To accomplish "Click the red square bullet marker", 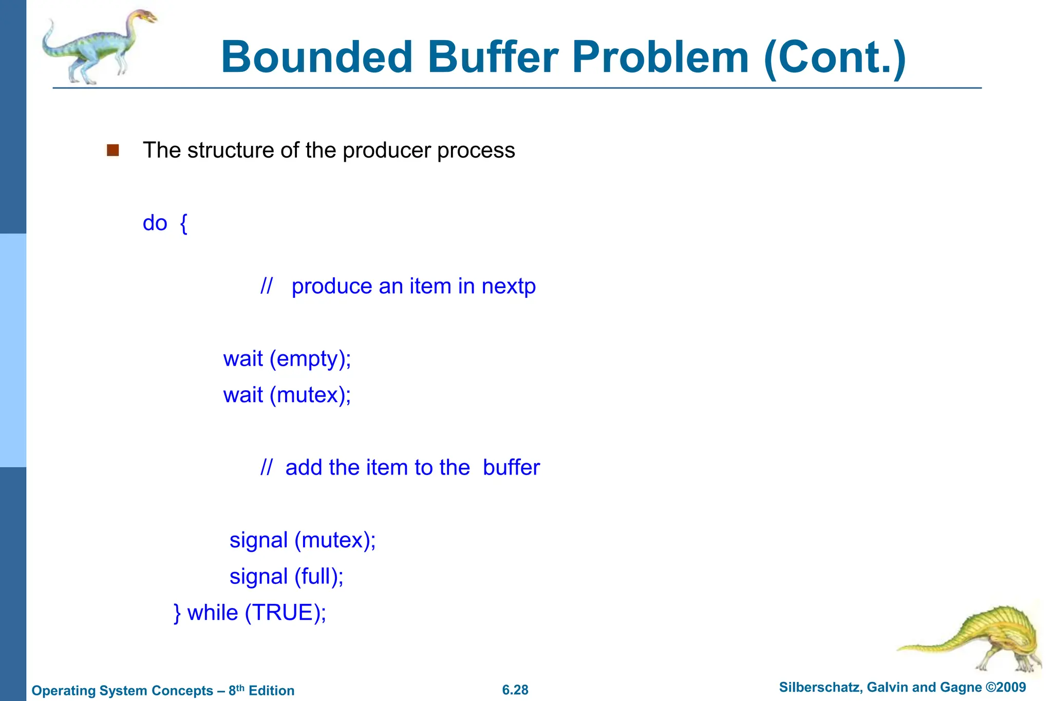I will [x=113, y=150].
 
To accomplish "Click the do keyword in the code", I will [x=155, y=223].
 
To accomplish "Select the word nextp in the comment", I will [x=509, y=286].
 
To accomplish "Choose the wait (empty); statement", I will [x=287, y=358].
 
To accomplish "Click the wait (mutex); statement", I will [x=287, y=395].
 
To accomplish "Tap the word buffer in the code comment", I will [x=511, y=467].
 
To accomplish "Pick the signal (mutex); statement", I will [x=303, y=540].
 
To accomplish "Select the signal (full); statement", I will [x=286, y=576].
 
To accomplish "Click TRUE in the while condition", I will [x=283, y=613].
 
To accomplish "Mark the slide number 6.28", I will [x=515, y=690].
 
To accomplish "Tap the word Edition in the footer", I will [x=271, y=691].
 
